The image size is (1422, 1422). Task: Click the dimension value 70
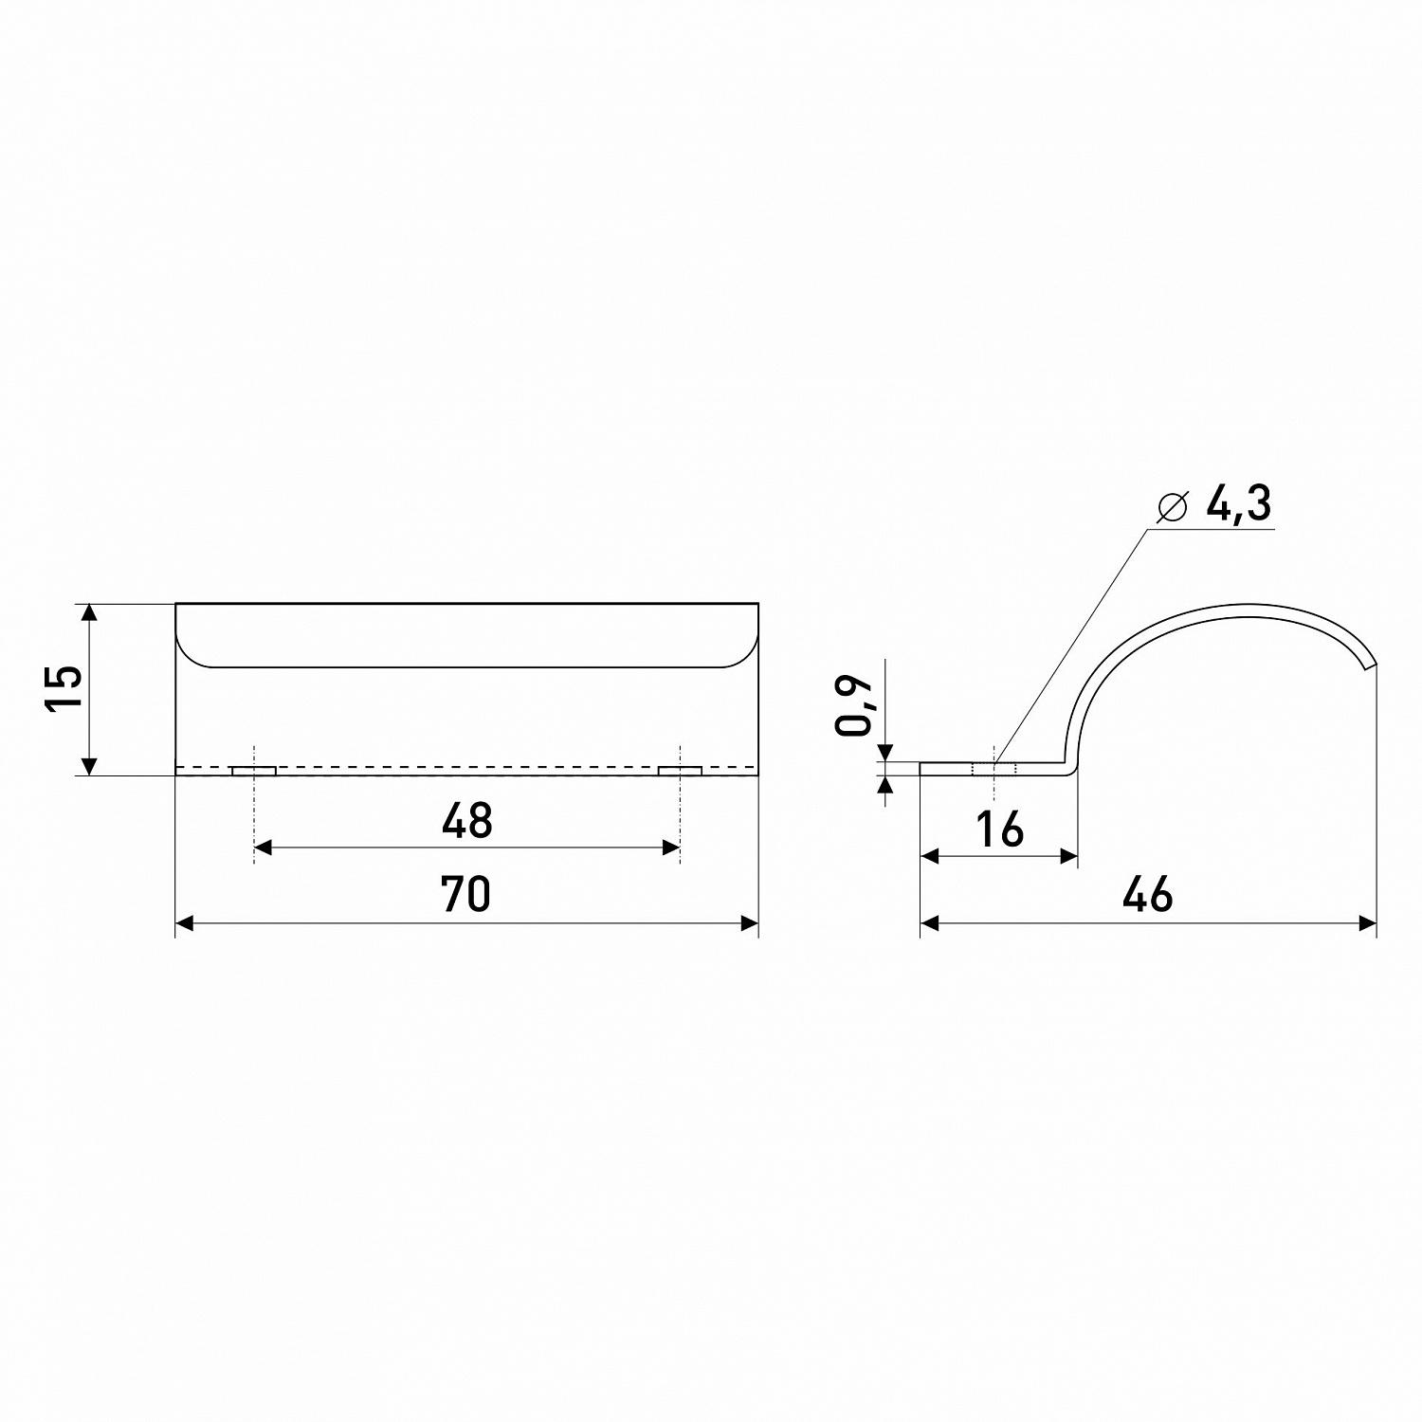pyautogui.click(x=466, y=894)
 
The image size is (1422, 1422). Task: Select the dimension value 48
pyautogui.click(x=467, y=821)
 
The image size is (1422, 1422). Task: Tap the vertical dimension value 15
pyautogui.click(x=64, y=688)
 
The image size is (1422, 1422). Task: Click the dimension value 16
pyautogui.click(x=1000, y=829)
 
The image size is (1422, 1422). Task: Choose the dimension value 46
pyautogui.click(x=1148, y=894)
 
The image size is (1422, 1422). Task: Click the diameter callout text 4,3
pyautogui.click(x=1238, y=506)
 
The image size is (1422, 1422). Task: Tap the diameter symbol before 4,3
pyautogui.click(x=1173, y=507)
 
